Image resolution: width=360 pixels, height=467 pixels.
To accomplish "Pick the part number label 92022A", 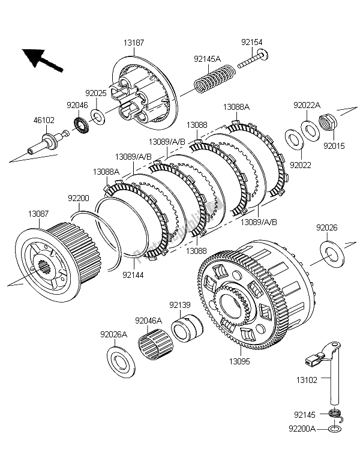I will click(x=306, y=105).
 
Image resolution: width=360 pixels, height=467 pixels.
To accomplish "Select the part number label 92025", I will click(x=95, y=93).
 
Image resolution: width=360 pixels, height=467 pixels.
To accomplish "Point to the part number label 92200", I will click(x=78, y=197).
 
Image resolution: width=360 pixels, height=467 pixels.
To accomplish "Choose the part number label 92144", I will click(x=133, y=275).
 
